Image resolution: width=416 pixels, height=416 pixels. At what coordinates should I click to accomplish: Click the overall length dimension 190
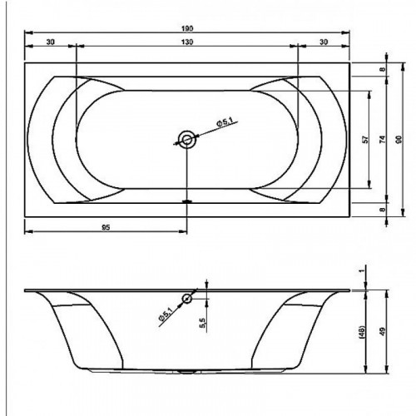(187, 28)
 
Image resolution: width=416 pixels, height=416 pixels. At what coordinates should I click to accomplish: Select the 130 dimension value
(187, 42)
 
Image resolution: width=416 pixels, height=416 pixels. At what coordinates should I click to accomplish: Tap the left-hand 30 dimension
(51, 42)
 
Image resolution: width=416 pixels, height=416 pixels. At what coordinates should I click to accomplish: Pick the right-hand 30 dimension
(324, 42)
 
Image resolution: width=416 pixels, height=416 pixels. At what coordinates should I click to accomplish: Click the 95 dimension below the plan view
(106, 228)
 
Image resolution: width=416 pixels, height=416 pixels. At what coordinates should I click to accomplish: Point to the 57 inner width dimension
(366, 139)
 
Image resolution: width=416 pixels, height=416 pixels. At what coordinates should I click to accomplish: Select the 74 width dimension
(383, 139)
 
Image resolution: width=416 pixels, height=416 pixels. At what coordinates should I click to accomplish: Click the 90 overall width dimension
(399, 139)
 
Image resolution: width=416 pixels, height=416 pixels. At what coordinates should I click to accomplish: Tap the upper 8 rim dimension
(383, 69)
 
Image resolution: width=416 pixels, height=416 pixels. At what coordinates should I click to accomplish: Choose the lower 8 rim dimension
(383, 210)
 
